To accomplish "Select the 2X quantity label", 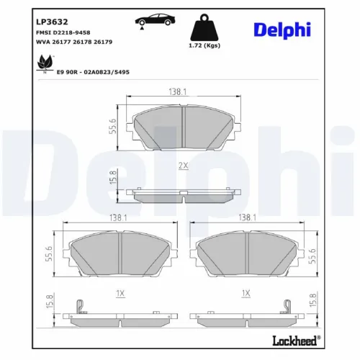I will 183,166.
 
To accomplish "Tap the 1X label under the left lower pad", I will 120,293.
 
